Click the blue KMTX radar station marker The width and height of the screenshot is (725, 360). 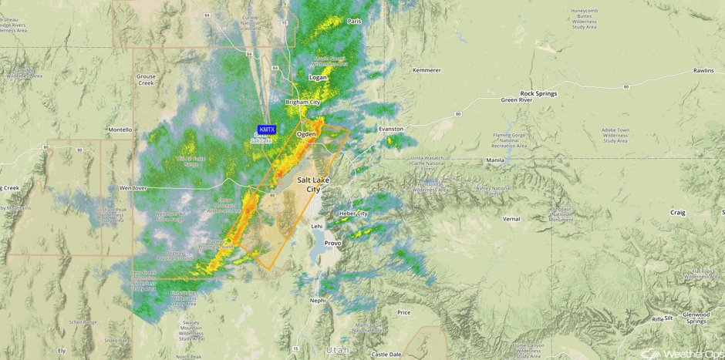pyautogui.click(x=266, y=130)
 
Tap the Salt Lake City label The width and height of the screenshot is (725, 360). pyautogui.click(x=313, y=184)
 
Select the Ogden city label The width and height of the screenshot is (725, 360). pyautogui.click(x=306, y=134)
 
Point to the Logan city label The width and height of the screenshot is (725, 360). pyautogui.click(x=318, y=77)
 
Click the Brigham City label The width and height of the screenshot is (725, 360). pyautogui.click(x=303, y=102)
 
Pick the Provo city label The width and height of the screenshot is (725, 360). pyautogui.click(x=332, y=243)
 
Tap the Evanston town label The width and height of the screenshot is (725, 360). pyautogui.click(x=391, y=129)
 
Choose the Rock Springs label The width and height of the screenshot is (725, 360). pyautogui.click(x=538, y=93)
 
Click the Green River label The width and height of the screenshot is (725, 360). pyautogui.click(x=517, y=99)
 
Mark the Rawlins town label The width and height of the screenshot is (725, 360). pyautogui.click(x=703, y=70)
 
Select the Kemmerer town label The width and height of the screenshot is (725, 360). pyautogui.click(x=427, y=70)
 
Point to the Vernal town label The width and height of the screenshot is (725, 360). pyautogui.click(x=511, y=219)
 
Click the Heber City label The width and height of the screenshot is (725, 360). pyautogui.click(x=353, y=213)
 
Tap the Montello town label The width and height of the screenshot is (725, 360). pyautogui.click(x=120, y=130)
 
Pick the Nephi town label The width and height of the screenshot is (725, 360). pyautogui.click(x=318, y=301)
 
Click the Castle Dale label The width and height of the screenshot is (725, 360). pyautogui.click(x=386, y=355)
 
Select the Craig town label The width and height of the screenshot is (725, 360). pyautogui.click(x=677, y=212)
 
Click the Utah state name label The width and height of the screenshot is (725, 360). pyautogui.click(x=336, y=350)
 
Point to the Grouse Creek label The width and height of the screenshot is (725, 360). pyautogui.click(x=146, y=79)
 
